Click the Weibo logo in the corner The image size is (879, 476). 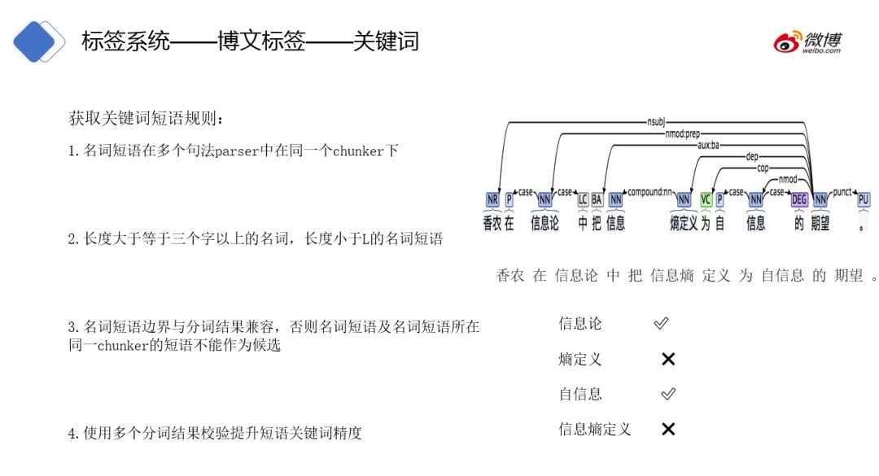pos(807,42)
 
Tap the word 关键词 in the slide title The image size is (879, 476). pos(386,41)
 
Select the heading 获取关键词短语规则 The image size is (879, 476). pos(146,119)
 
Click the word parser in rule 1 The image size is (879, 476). pos(236,151)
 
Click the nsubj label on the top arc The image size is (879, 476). pos(656,123)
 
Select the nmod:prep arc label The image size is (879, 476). pos(681,133)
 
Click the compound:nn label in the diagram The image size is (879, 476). pos(649,193)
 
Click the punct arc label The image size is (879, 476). pos(842,193)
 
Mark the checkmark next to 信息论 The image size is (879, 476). pos(661,324)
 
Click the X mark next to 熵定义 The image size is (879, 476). pos(668,359)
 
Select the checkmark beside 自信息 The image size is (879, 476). pos(668,394)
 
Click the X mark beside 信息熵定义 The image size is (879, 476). pos(668,429)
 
